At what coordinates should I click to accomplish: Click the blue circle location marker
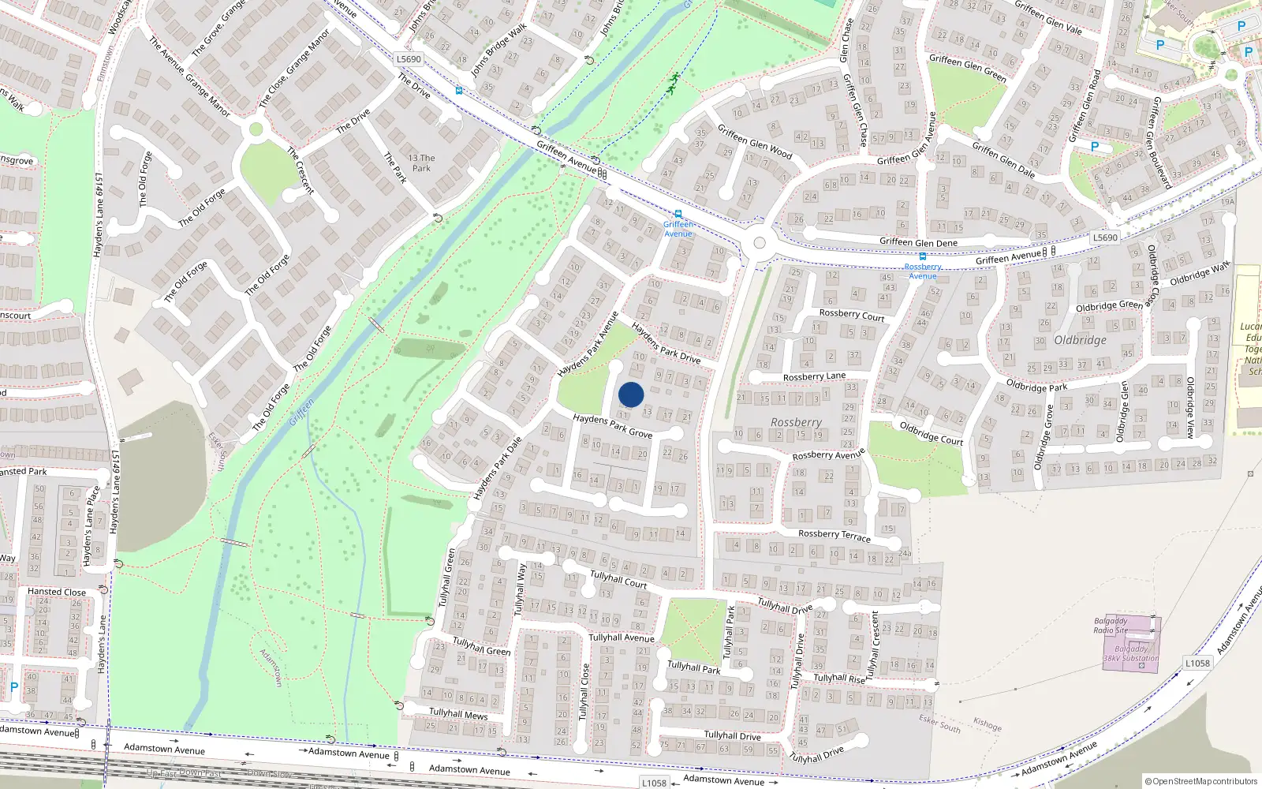pos(631,394)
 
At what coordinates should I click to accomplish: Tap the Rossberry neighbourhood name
pos(796,423)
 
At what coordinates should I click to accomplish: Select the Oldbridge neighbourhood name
pos(1080,340)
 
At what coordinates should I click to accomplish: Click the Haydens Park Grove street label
pos(612,426)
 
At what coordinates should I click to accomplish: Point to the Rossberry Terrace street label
pos(834,535)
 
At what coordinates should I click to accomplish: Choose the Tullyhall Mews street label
pos(458,714)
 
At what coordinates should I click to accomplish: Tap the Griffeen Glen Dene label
pos(918,242)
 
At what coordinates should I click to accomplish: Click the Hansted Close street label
pos(57,592)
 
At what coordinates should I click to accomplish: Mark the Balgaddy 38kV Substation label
pos(1131,654)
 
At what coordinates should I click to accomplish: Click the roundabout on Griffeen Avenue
pos(759,244)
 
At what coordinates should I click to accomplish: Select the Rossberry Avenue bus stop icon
pos(922,256)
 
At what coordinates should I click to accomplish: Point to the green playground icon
pos(673,82)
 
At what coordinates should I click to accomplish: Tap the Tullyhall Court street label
pos(618,580)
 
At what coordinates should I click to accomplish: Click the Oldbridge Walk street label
pos(1199,274)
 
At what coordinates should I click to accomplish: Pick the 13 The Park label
pos(422,163)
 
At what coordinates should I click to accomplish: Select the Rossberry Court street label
pos(851,315)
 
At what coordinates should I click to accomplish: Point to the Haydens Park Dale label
pos(497,468)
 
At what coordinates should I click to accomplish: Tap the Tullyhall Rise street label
pos(838,678)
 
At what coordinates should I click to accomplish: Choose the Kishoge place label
pos(987,724)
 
